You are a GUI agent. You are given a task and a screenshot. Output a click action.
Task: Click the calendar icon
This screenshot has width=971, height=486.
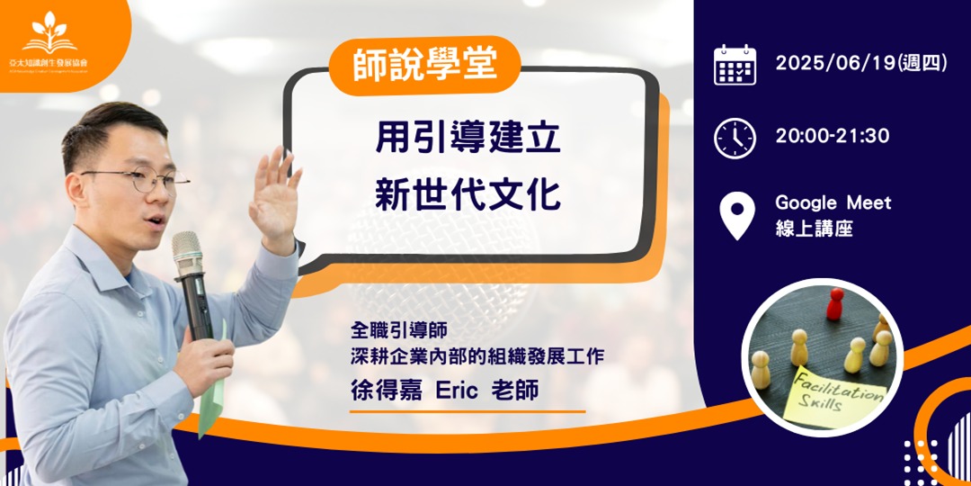(x=735, y=65)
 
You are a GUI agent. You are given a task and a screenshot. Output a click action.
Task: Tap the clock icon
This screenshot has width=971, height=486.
(x=735, y=138)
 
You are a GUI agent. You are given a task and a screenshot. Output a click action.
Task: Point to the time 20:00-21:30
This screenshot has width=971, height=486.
(x=832, y=137)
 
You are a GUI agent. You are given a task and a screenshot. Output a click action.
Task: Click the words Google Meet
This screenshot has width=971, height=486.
(x=833, y=202)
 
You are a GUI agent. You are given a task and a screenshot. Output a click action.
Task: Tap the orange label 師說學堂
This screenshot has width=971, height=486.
(x=425, y=66)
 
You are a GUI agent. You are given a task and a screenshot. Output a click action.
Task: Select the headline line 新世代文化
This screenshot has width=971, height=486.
(x=468, y=196)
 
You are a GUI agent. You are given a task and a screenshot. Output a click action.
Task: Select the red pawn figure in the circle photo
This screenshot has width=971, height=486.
(x=835, y=304)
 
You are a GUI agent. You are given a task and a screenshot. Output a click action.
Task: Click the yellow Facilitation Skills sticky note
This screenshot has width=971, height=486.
(x=833, y=397)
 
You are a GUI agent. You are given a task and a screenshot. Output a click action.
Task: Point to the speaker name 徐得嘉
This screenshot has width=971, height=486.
(x=385, y=392)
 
